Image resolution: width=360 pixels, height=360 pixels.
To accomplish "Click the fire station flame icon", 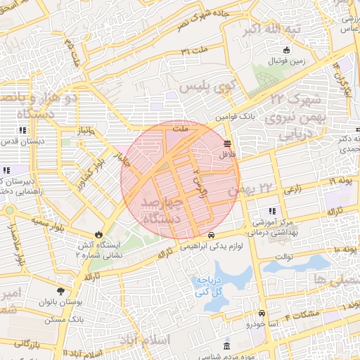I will click(x=98, y=235).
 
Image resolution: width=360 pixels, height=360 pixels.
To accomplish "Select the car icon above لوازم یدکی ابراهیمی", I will click(x=211, y=236).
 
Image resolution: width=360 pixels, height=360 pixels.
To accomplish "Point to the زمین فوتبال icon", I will click(x=286, y=50).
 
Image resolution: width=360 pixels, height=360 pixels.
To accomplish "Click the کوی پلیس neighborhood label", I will click(x=206, y=88).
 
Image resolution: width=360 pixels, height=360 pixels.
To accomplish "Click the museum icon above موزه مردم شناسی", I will click(x=226, y=347).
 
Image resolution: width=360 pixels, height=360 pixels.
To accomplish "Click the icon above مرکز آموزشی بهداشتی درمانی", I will click(x=271, y=211).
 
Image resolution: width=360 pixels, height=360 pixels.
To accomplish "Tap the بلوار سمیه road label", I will click(x=51, y=221).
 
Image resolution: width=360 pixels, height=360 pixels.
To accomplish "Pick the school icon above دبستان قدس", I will click(x=22, y=130).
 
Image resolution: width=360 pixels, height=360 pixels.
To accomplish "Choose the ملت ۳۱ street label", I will click(x=195, y=52).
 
